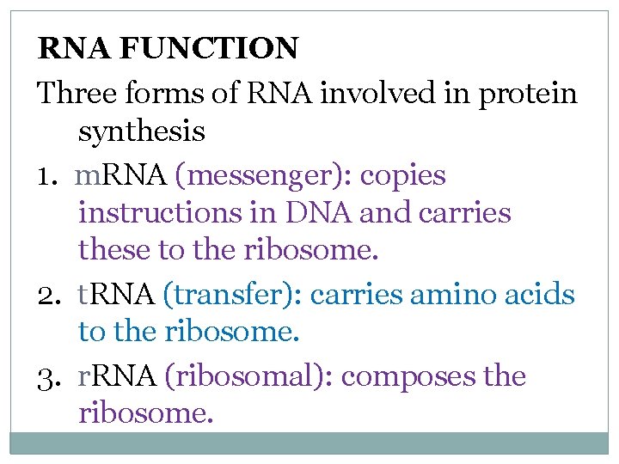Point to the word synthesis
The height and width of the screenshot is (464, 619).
pyautogui.click(x=142, y=132)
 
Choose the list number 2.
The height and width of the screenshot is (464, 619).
pyautogui.click(x=47, y=296)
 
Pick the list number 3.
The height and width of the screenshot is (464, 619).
pyautogui.click(x=47, y=376)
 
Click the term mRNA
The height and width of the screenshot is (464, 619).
pyautogui.click(x=121, y=175)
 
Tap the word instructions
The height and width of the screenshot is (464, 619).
pyautogui.click(x=160, y=213)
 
